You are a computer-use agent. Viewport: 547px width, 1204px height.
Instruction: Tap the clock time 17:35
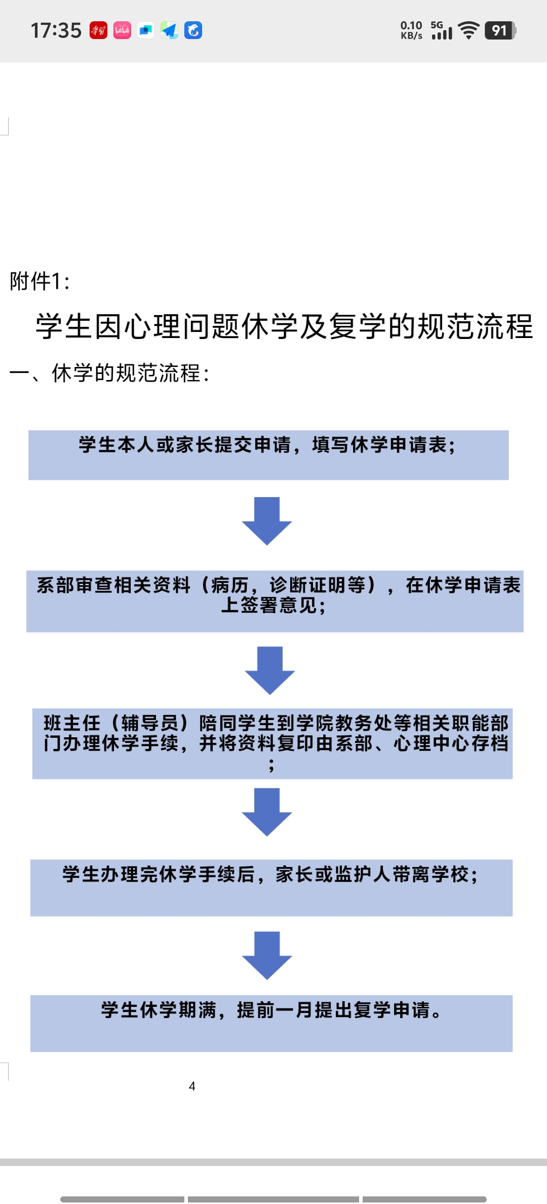tap(56, 30)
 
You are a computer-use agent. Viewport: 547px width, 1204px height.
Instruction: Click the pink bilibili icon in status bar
tap(122, 30)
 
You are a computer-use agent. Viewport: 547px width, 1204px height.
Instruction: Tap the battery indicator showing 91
tap(500, 30)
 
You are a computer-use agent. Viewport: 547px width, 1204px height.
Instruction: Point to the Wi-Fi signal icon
tap(468, 30)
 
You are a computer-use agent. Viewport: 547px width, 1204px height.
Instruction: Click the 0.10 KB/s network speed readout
tap(411, 30)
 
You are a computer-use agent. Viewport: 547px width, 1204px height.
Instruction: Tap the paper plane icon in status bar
tap(169, 30)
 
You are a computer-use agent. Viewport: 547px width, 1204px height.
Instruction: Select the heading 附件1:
tap(40, 281)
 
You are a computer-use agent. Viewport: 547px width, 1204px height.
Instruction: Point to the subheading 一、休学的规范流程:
tap(109, 373)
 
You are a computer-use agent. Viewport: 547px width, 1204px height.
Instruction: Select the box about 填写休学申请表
tap(268, 455)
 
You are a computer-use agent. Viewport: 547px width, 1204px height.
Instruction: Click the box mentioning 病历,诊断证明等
tap(275, 601)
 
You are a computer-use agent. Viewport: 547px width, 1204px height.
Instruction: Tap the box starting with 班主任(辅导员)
tap(272, 743)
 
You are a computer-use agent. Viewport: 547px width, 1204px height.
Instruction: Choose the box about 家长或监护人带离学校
tap(271, 888)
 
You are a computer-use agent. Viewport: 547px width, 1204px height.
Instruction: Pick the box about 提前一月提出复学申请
tap(271, 1024)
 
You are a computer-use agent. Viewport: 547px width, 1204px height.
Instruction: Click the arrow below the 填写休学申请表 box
tap(267, 521)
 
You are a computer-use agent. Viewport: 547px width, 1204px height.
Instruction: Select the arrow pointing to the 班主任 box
tap(270, 670)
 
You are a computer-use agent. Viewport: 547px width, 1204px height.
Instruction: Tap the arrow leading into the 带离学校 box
tap(267, 812)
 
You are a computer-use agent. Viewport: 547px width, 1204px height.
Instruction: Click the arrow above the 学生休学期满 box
tap(267, 956)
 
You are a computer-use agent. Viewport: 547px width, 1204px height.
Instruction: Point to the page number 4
tap(192, 1086)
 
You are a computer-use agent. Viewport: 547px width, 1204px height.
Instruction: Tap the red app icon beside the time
tap(98, 30)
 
